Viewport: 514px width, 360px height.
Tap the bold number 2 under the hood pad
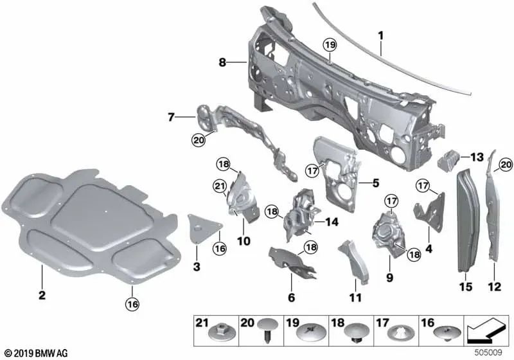(x=42, y=296)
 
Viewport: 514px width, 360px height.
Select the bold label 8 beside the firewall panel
(x=222, y=62)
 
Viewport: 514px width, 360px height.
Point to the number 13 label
(x=476, y=157)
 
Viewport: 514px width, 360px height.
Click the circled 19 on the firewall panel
(x=330, y=45)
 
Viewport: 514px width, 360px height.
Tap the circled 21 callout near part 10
(x=220, y=186)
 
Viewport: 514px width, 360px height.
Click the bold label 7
(x=172, y=117)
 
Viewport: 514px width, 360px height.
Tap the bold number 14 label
(x=332, y=222)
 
